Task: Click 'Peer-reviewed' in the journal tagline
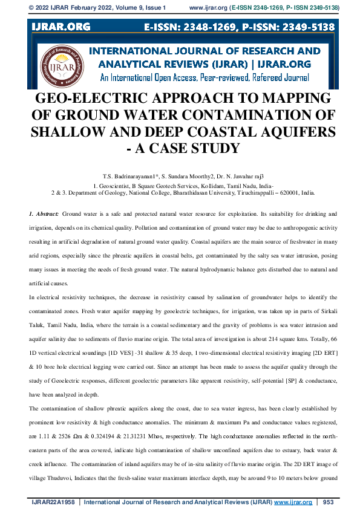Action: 210,77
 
